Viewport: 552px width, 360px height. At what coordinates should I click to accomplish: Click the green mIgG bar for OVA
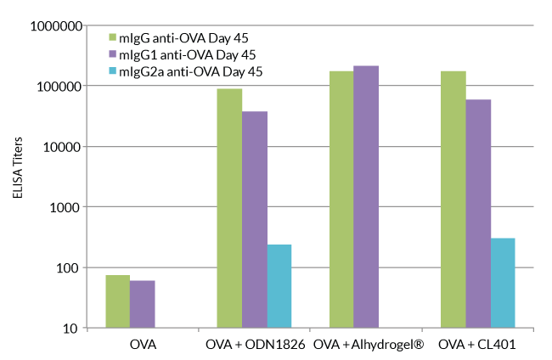click(117, 301)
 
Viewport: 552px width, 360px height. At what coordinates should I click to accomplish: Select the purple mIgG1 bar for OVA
click(142, 304)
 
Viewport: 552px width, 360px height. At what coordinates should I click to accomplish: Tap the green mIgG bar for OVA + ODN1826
click(229, 208)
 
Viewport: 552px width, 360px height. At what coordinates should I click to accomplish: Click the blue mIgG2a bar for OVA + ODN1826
click(279, 286)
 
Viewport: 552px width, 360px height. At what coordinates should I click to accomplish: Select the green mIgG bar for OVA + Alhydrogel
click(341, 200)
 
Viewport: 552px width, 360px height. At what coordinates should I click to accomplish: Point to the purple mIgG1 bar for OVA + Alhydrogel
click(366, 197)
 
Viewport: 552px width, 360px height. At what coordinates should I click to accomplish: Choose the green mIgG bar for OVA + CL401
click(453, 200)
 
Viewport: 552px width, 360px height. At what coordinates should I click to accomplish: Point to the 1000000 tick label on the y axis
click(56, 25)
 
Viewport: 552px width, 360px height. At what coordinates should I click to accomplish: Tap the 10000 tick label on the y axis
click(62, 147)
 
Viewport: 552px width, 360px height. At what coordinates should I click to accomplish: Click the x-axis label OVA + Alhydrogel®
click(368, 346)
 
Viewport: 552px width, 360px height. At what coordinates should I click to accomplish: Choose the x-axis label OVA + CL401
click(477, 346)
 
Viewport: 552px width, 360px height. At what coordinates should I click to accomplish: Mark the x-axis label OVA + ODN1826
click(256, 346)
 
